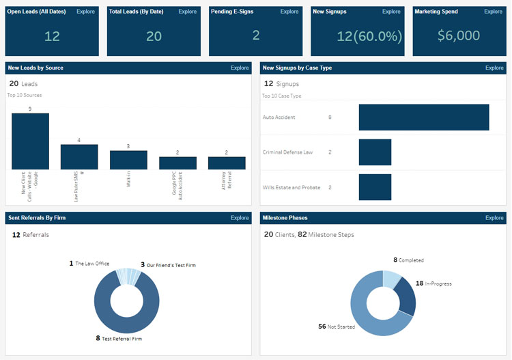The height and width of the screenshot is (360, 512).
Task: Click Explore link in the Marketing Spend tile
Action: pyautogui.click(x=494, y=12)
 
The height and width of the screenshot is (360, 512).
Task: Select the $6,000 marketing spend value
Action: pyautogui.click(x=459, y=36)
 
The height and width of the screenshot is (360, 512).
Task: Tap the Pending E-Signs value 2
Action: pyautogui.click(x=256, y=36)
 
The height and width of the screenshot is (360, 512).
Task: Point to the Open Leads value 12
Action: pyautogui.click(x=52, y=36)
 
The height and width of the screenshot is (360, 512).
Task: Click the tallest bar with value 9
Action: pyautogui.click(x=30, y=141)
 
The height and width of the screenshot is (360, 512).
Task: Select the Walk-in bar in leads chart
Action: pyautogui.click(x=128, y=160)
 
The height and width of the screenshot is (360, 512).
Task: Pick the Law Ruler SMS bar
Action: pyautogui.click(x=79, y=156)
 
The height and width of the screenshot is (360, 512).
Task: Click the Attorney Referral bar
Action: pyautogui.click(x=227, y=163)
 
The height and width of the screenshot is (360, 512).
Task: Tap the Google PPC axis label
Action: pyautogui.click(x=177, y=182)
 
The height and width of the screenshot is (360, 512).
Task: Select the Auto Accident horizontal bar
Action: pyautogui.click(x=423, y=117)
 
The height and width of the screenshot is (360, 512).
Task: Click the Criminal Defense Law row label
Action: pyautogui.click(x=287, y=152)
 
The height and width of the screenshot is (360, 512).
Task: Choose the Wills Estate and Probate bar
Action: pyautogui.click(x=375, y=187)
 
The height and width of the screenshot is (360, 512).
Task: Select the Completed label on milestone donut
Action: pyautogui.click(x=411, y=260)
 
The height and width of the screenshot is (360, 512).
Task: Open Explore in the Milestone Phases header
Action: pyautogui.click(x=494, y=218)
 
